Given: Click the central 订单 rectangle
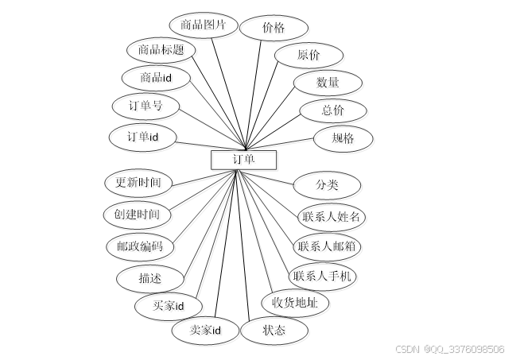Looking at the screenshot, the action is pyautogui.click(x=243, y=160).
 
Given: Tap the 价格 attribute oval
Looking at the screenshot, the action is pyautogui.click(x=274, y=27).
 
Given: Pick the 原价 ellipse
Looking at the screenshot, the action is pyautogui.click(x=309, y=55).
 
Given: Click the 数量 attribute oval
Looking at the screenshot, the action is pyautogui.click(x=327, y=83).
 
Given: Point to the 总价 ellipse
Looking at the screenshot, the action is pyautogui.click(x=332, y=110).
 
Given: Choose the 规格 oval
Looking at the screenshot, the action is pyautogui.click(x=343, y=138).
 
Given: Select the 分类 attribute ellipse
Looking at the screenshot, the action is pyautogui.click(x=327, y=185).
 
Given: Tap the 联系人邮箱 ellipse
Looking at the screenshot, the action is pyautogui.click(x=328, y=246).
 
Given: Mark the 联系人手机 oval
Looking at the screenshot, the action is pyautogui.click(x=324, y=277).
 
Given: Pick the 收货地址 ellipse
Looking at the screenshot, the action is pyautogui.click(x=295, y=303).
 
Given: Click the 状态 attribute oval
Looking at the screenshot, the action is pyautogui.click(x=274, y=330).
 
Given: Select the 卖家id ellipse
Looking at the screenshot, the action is pyautogui.click(x=205, y=330).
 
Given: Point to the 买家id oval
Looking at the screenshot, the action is pyautogui.click(x=169, y=306).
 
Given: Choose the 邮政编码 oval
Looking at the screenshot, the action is pyautogui.click(x=139, y=246).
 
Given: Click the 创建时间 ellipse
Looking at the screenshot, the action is pyautogui.click(x=137, y=215).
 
